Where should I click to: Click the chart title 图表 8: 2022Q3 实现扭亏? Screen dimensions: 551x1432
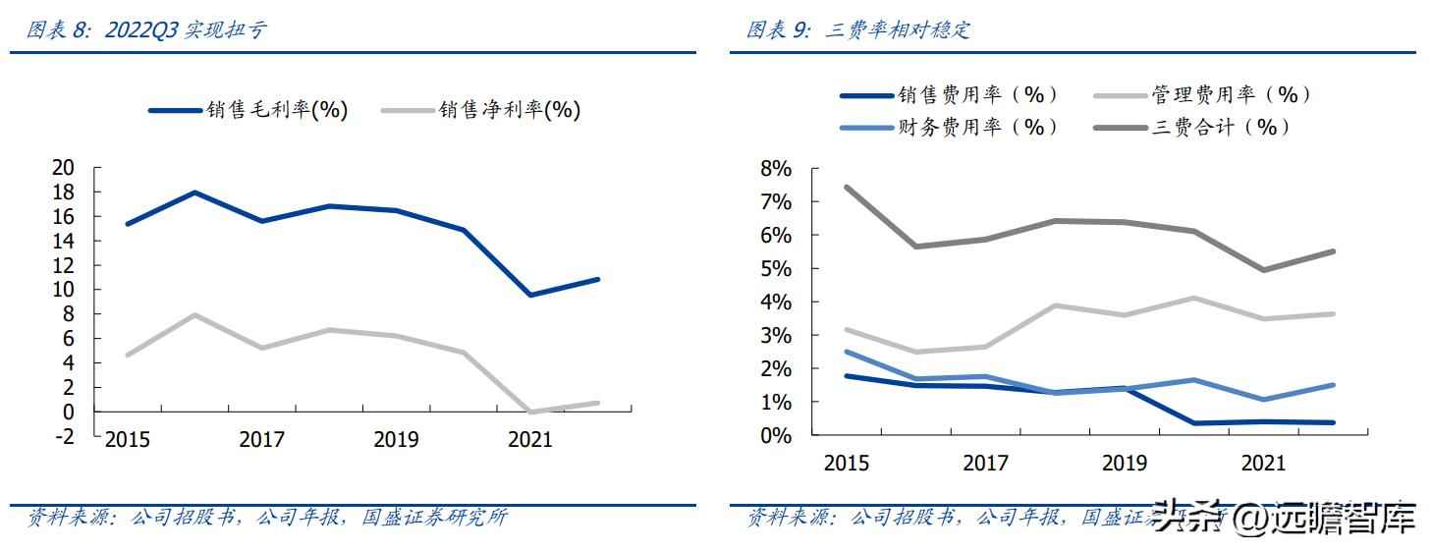tap(145, 29)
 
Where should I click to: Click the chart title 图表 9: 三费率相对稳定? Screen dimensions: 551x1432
tap(857, 29)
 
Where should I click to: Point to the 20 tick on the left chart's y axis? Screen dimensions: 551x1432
tap(64, 168)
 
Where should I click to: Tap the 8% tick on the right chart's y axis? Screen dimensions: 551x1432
tap(775, 169)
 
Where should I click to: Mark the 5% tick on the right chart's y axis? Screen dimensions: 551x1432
tap(775, 269)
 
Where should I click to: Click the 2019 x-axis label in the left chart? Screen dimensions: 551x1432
tap(396, 440)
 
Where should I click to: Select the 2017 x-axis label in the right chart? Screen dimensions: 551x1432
tap(985, 463)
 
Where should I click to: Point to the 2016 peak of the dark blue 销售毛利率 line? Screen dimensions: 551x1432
tap(194, 193)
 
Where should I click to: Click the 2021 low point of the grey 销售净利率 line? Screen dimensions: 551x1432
tap(530, 412)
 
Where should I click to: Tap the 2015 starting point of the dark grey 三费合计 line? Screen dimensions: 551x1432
tap(847, 187)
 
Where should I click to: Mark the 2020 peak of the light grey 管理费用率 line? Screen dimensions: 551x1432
tap(1193, 298)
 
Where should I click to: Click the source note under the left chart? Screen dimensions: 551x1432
tap(267, 518)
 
